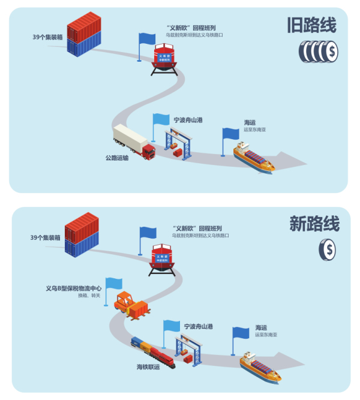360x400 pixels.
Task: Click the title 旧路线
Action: tap(311, 25)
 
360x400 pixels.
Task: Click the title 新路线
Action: tap(314, 224)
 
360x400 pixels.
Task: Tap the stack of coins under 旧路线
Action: tap(318, 52)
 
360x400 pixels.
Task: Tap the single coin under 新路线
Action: tap(328, 249)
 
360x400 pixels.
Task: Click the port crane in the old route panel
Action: tap(180, 143)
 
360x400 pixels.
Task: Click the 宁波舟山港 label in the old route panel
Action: tap(188, 120)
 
